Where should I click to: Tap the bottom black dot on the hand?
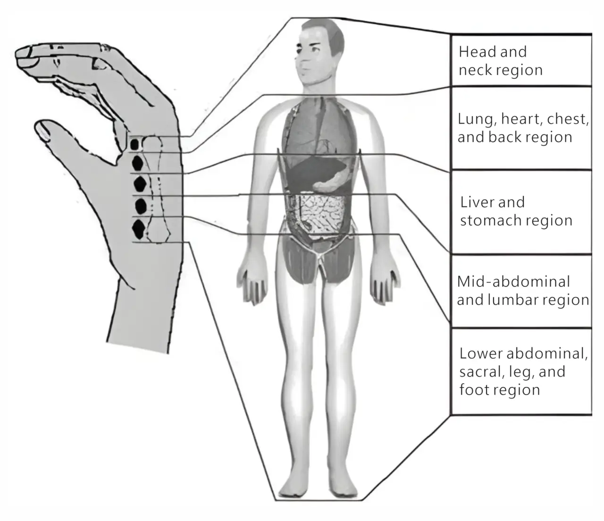click(x=138, y=228)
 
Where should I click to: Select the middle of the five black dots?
click(x=139, y=183)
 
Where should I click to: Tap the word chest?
click(x=567, y=119)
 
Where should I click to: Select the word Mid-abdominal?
click(x=513, y=282)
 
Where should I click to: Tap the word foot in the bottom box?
click(x=474, y=390)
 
